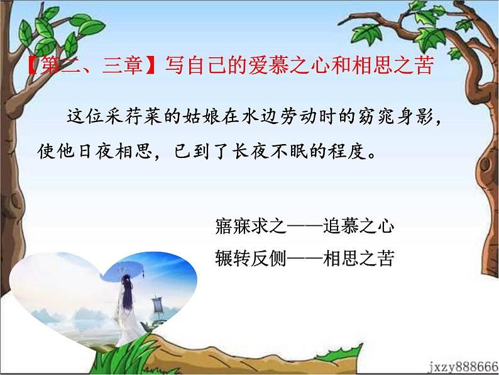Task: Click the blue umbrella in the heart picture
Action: coord(126,267)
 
